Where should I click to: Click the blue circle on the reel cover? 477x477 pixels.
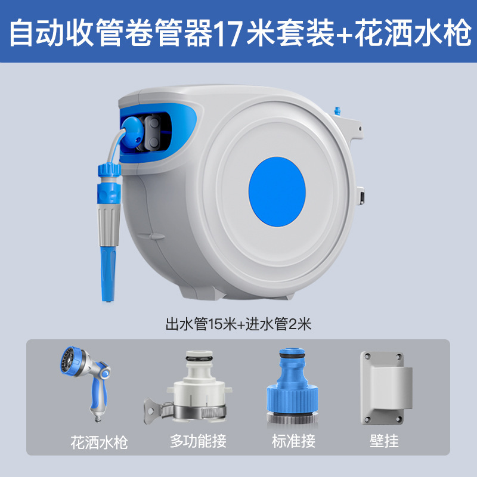tap(277, 191)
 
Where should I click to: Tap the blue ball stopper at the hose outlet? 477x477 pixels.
tap(132, 133)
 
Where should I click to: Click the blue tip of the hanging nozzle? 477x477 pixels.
tap(109, 273)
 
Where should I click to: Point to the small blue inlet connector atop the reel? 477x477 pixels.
tap(337, 111)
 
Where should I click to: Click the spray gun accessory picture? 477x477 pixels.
tap(86, 383)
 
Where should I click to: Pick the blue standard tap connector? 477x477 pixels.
tap(292, 386)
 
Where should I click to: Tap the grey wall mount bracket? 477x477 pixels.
tap(386, 388)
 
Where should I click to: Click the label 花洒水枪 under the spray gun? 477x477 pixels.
tap(99, 442)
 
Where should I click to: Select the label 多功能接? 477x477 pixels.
tap(199, 441)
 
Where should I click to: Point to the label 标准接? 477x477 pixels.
tap(293, 441)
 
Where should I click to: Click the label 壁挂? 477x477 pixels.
tap(384, 441)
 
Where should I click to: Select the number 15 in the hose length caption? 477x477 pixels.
tap(214, 324)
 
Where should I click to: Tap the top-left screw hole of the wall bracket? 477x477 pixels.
tap(367, 356)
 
